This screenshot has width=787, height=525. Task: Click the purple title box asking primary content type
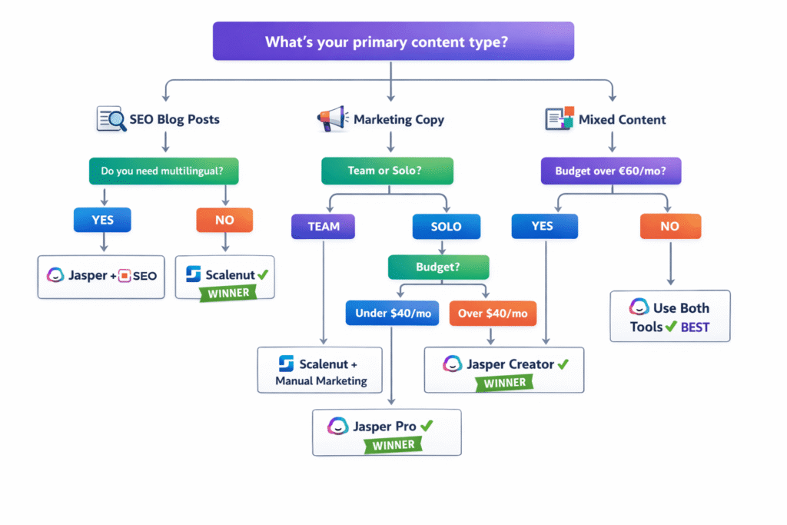coord(393,41)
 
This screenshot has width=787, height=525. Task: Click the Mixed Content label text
coord(622,120)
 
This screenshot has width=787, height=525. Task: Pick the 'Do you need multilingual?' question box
coord(164,171)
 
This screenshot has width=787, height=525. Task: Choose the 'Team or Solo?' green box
coord(387,171)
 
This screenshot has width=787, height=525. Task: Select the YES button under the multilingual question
coord(102,220)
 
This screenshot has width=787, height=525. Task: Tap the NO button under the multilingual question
coord(224,220)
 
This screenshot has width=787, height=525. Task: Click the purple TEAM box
coord(324,227)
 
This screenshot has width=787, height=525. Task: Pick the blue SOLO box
coord(446,227)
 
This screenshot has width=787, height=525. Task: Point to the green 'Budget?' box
coord(438,267)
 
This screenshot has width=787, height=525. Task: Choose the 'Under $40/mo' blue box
coord(391,313)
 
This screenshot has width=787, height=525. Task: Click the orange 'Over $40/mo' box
coord(492,313)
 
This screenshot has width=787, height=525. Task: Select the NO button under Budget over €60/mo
coord(670,227)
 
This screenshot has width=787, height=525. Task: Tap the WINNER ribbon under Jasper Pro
coord(393,444)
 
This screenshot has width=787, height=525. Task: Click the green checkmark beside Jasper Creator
coord(563,364)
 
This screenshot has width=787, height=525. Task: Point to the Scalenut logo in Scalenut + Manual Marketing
coord(286,364)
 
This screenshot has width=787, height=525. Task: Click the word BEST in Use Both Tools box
coord(695,327)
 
